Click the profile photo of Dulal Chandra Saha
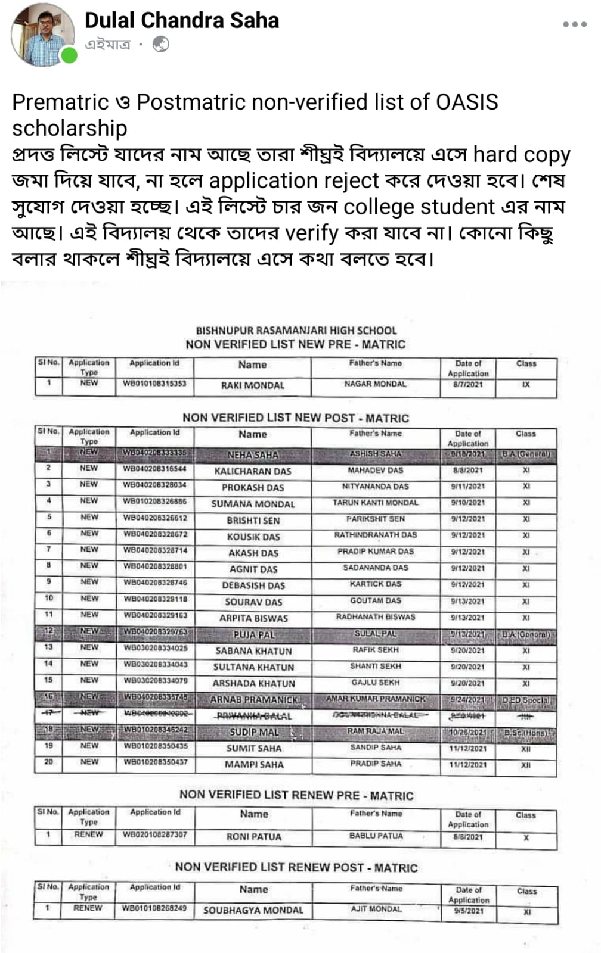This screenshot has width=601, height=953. (x=42, y=35)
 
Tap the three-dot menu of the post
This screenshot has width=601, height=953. (x=575, y=24)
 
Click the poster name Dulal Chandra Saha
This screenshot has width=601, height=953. (x=182, y=21)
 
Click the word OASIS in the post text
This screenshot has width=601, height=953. (x=467, y=102)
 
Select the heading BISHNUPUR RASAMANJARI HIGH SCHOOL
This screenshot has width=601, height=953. (x=296, y=331)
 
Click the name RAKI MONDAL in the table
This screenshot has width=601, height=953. (x=253, y=385)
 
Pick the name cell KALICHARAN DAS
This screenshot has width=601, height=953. (x=253, y=471)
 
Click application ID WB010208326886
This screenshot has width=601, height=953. (x=154, y=502)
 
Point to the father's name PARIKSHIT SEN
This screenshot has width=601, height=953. (x=376, y=519)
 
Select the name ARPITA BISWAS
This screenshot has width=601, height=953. (x=253, y=618)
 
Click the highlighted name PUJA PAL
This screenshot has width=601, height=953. (x=253, y=634)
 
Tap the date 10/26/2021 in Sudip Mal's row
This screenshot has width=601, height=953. (x=468, y=732)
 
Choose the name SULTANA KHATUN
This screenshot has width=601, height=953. (x=253, y=667)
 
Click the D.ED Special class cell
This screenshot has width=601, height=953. (x=526, y=700)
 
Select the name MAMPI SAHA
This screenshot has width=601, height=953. (x=254, y=764)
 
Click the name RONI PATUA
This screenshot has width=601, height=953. (x=254, y=837)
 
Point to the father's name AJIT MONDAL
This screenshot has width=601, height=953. (x=376, y=909)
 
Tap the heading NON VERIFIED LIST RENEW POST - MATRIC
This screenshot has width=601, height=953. (x=296, y=868)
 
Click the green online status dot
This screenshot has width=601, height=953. (x=69, y=56)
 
